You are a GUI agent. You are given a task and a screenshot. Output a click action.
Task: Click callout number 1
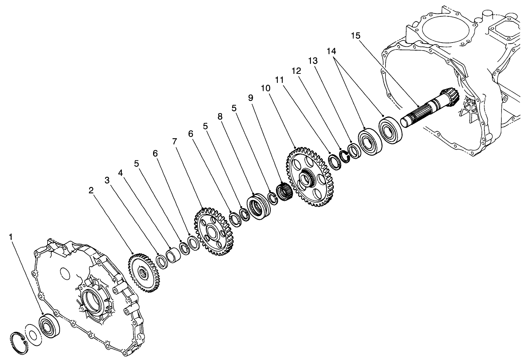pos(11,237)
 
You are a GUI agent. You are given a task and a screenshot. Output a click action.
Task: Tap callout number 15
pos(356,36)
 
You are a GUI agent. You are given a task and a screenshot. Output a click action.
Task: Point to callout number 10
pos(265,88)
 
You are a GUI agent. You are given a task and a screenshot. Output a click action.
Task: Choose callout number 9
pos(250,97)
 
